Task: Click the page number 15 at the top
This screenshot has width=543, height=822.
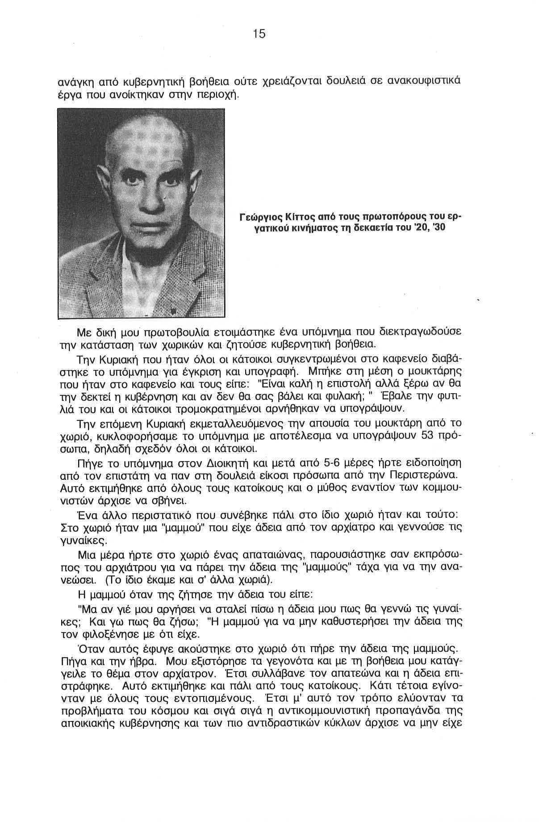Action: (259, 34)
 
